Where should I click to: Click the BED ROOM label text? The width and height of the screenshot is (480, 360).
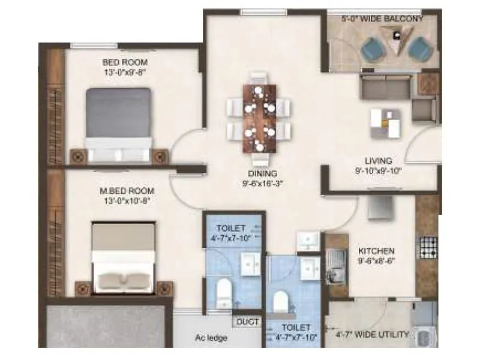[x=125, y=62]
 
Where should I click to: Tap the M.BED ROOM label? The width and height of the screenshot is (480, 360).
[x=125, y=193]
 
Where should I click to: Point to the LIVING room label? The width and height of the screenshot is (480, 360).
[x=379, y=161]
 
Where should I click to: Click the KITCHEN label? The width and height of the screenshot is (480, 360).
[x=376, y=250]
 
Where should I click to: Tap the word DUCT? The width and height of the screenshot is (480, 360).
[x=248, y=322]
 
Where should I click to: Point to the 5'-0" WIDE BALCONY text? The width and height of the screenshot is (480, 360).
[x=382, y=19]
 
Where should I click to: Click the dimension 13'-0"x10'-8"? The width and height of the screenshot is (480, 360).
[x=125, y=202]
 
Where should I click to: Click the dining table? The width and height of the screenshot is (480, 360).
[x=259, y=118]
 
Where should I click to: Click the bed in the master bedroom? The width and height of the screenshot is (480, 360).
[x=125, y=258]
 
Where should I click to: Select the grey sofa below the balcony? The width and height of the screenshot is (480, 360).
[x=385, y=88]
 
